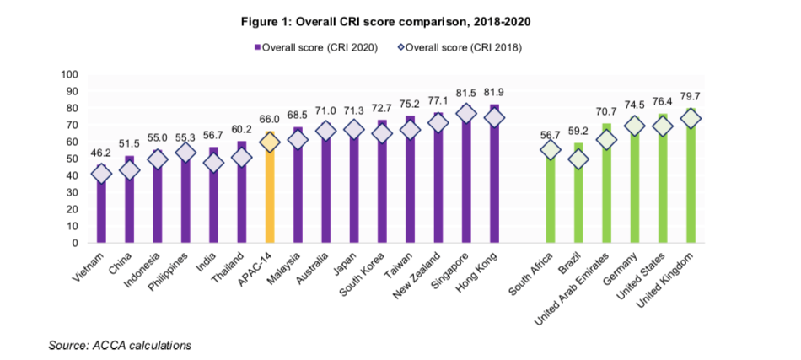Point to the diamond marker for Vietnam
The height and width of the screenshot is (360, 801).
102,175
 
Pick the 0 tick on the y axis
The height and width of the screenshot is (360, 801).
75,243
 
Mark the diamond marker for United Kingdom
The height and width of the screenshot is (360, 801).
690,119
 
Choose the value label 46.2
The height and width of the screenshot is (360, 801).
101,153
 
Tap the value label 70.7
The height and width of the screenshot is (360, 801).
605,111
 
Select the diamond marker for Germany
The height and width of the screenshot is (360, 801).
633,126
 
